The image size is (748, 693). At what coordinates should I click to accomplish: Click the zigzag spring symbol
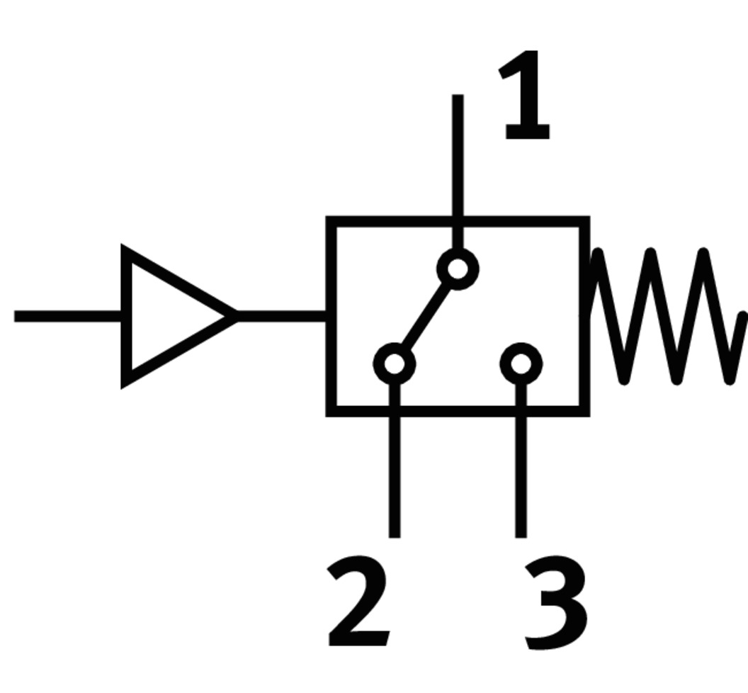click(666, 317)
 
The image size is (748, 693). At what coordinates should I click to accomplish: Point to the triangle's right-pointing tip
click(235, 316)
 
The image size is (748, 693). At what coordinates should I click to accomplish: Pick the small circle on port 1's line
click(458, 269)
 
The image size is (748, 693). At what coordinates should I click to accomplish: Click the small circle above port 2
click(395, 364)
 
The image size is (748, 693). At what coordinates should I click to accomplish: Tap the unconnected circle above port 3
click(521, 364)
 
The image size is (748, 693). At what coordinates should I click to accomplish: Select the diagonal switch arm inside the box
click(426, 317)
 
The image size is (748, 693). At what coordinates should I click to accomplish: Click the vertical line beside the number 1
click(458, 156)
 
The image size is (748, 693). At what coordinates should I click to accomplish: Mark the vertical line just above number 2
click(395, 475)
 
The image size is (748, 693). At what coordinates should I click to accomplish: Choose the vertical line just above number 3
click(521, 475)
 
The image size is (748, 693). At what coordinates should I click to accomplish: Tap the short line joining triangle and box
click(282, 316)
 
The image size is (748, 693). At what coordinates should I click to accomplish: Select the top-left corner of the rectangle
click(330, 222)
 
